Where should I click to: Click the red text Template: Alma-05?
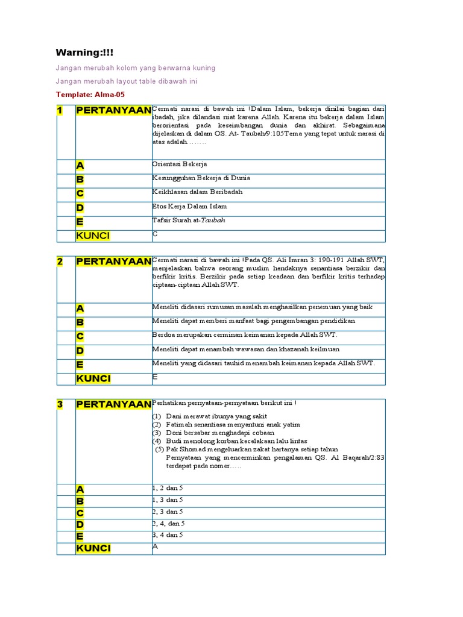(90, 95)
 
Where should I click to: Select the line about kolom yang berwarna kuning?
(135, 68)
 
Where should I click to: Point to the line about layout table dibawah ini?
(126, 81)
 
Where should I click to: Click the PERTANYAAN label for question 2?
(113, 262)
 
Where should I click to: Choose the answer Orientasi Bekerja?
(180, 164)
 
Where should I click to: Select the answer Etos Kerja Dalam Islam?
(190, 206)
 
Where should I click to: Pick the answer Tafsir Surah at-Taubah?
(189, 221)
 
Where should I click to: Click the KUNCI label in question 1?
(93, 236)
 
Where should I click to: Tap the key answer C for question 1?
(156, 234)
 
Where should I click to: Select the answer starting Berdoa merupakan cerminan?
(245, 335)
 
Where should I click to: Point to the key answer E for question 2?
(156, 377)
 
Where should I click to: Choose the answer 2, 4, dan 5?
(169, 524)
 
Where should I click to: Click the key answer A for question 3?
(156, 546)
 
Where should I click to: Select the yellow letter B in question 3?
(80, 501)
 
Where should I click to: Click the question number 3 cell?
(60, 404)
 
